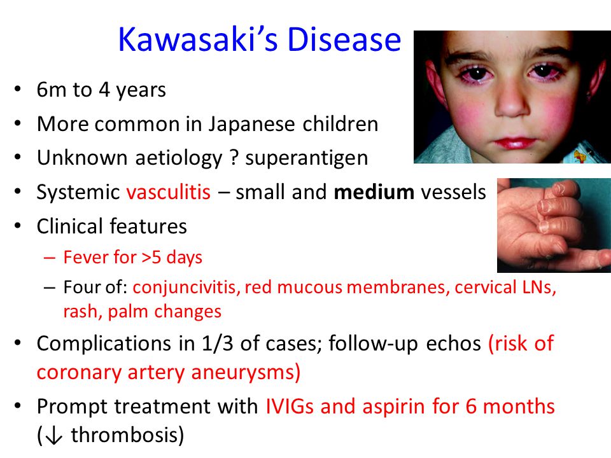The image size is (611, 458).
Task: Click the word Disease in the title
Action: (344, 39)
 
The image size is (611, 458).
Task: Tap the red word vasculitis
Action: (168, 192)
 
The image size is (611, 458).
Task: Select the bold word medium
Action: (374, 192)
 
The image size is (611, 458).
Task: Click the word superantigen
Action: (306, 158)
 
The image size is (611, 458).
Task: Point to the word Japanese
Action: (251, 125)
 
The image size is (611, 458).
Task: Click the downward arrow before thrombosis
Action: (53, 435)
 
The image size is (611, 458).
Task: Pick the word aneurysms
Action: (244, 373)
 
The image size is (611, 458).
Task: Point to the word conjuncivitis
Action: (186, 288)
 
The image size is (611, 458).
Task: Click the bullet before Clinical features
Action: (17, 226)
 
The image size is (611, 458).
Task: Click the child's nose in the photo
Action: (511, 102)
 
